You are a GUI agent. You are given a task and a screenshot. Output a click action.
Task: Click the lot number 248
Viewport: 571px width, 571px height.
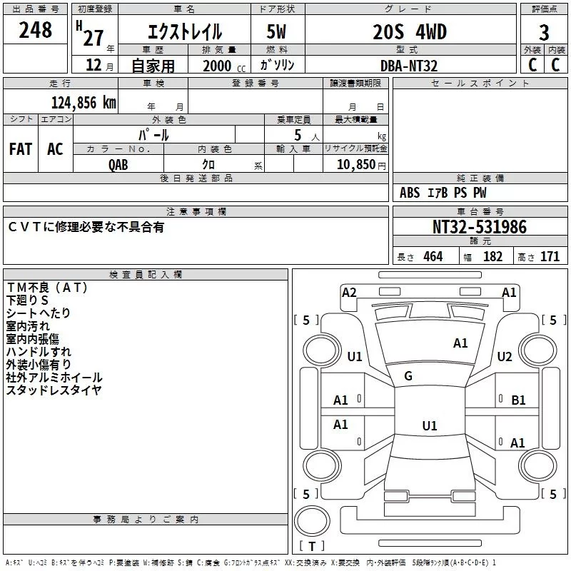tap(35, 30)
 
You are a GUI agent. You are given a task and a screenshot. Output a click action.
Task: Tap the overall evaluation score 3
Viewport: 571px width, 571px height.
tap(544, 33)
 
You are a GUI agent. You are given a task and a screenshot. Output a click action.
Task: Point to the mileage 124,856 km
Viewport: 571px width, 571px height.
tap(83, 102)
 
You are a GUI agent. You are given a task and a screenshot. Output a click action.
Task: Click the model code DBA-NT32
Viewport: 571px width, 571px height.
tap(409, 66)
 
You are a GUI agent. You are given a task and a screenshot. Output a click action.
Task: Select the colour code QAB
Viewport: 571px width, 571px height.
tap(118, 164)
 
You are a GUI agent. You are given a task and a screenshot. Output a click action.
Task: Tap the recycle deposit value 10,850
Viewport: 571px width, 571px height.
tap(360, 164)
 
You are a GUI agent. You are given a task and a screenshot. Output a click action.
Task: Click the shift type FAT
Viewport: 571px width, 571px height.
tap(21, 148)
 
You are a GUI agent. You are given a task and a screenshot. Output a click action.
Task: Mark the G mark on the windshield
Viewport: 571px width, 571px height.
tap(408, 376)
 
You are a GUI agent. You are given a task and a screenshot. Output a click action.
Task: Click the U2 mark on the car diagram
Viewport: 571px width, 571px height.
tap(505, 357)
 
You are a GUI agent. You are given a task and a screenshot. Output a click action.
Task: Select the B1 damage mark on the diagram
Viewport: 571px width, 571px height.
tap(518, 400)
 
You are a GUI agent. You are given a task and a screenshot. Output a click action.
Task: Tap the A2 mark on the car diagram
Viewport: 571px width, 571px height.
tap(349, 292)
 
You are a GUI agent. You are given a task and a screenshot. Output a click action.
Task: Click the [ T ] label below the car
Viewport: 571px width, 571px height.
tap(312, 546)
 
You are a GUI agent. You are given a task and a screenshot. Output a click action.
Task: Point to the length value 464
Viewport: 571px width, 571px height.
tap(431, 256)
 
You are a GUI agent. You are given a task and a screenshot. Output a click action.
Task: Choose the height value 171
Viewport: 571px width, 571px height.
tap(550, 256)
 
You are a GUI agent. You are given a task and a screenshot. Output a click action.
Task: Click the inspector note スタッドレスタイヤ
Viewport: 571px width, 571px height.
tap(54, 390)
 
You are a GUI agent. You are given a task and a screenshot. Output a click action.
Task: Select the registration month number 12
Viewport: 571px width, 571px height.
tap(94, 66)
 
